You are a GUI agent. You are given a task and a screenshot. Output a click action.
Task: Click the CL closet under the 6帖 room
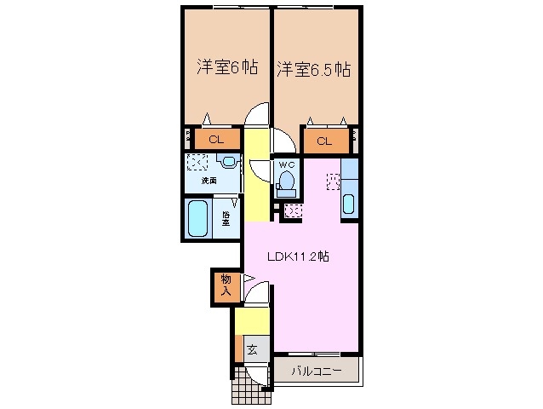click(215, 139)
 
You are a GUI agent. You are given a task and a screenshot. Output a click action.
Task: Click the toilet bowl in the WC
click(287, 181)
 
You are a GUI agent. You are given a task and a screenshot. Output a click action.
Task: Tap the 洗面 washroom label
click(209, 181)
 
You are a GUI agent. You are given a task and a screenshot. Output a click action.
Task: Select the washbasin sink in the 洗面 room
click(228, 161)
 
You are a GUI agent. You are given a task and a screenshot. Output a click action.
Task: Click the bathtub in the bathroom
click(198, 219)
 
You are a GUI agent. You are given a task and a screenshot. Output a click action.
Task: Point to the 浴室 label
click(226, 219)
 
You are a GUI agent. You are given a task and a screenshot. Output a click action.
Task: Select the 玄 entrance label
click(253, 349)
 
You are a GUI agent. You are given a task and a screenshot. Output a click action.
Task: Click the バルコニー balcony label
click(317, 372)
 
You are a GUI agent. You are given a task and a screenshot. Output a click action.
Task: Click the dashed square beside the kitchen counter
click(333, 181)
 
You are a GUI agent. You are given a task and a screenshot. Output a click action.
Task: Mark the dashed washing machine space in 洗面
click(197, 162)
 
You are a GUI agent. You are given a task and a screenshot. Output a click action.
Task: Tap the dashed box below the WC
click(294, 210)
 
